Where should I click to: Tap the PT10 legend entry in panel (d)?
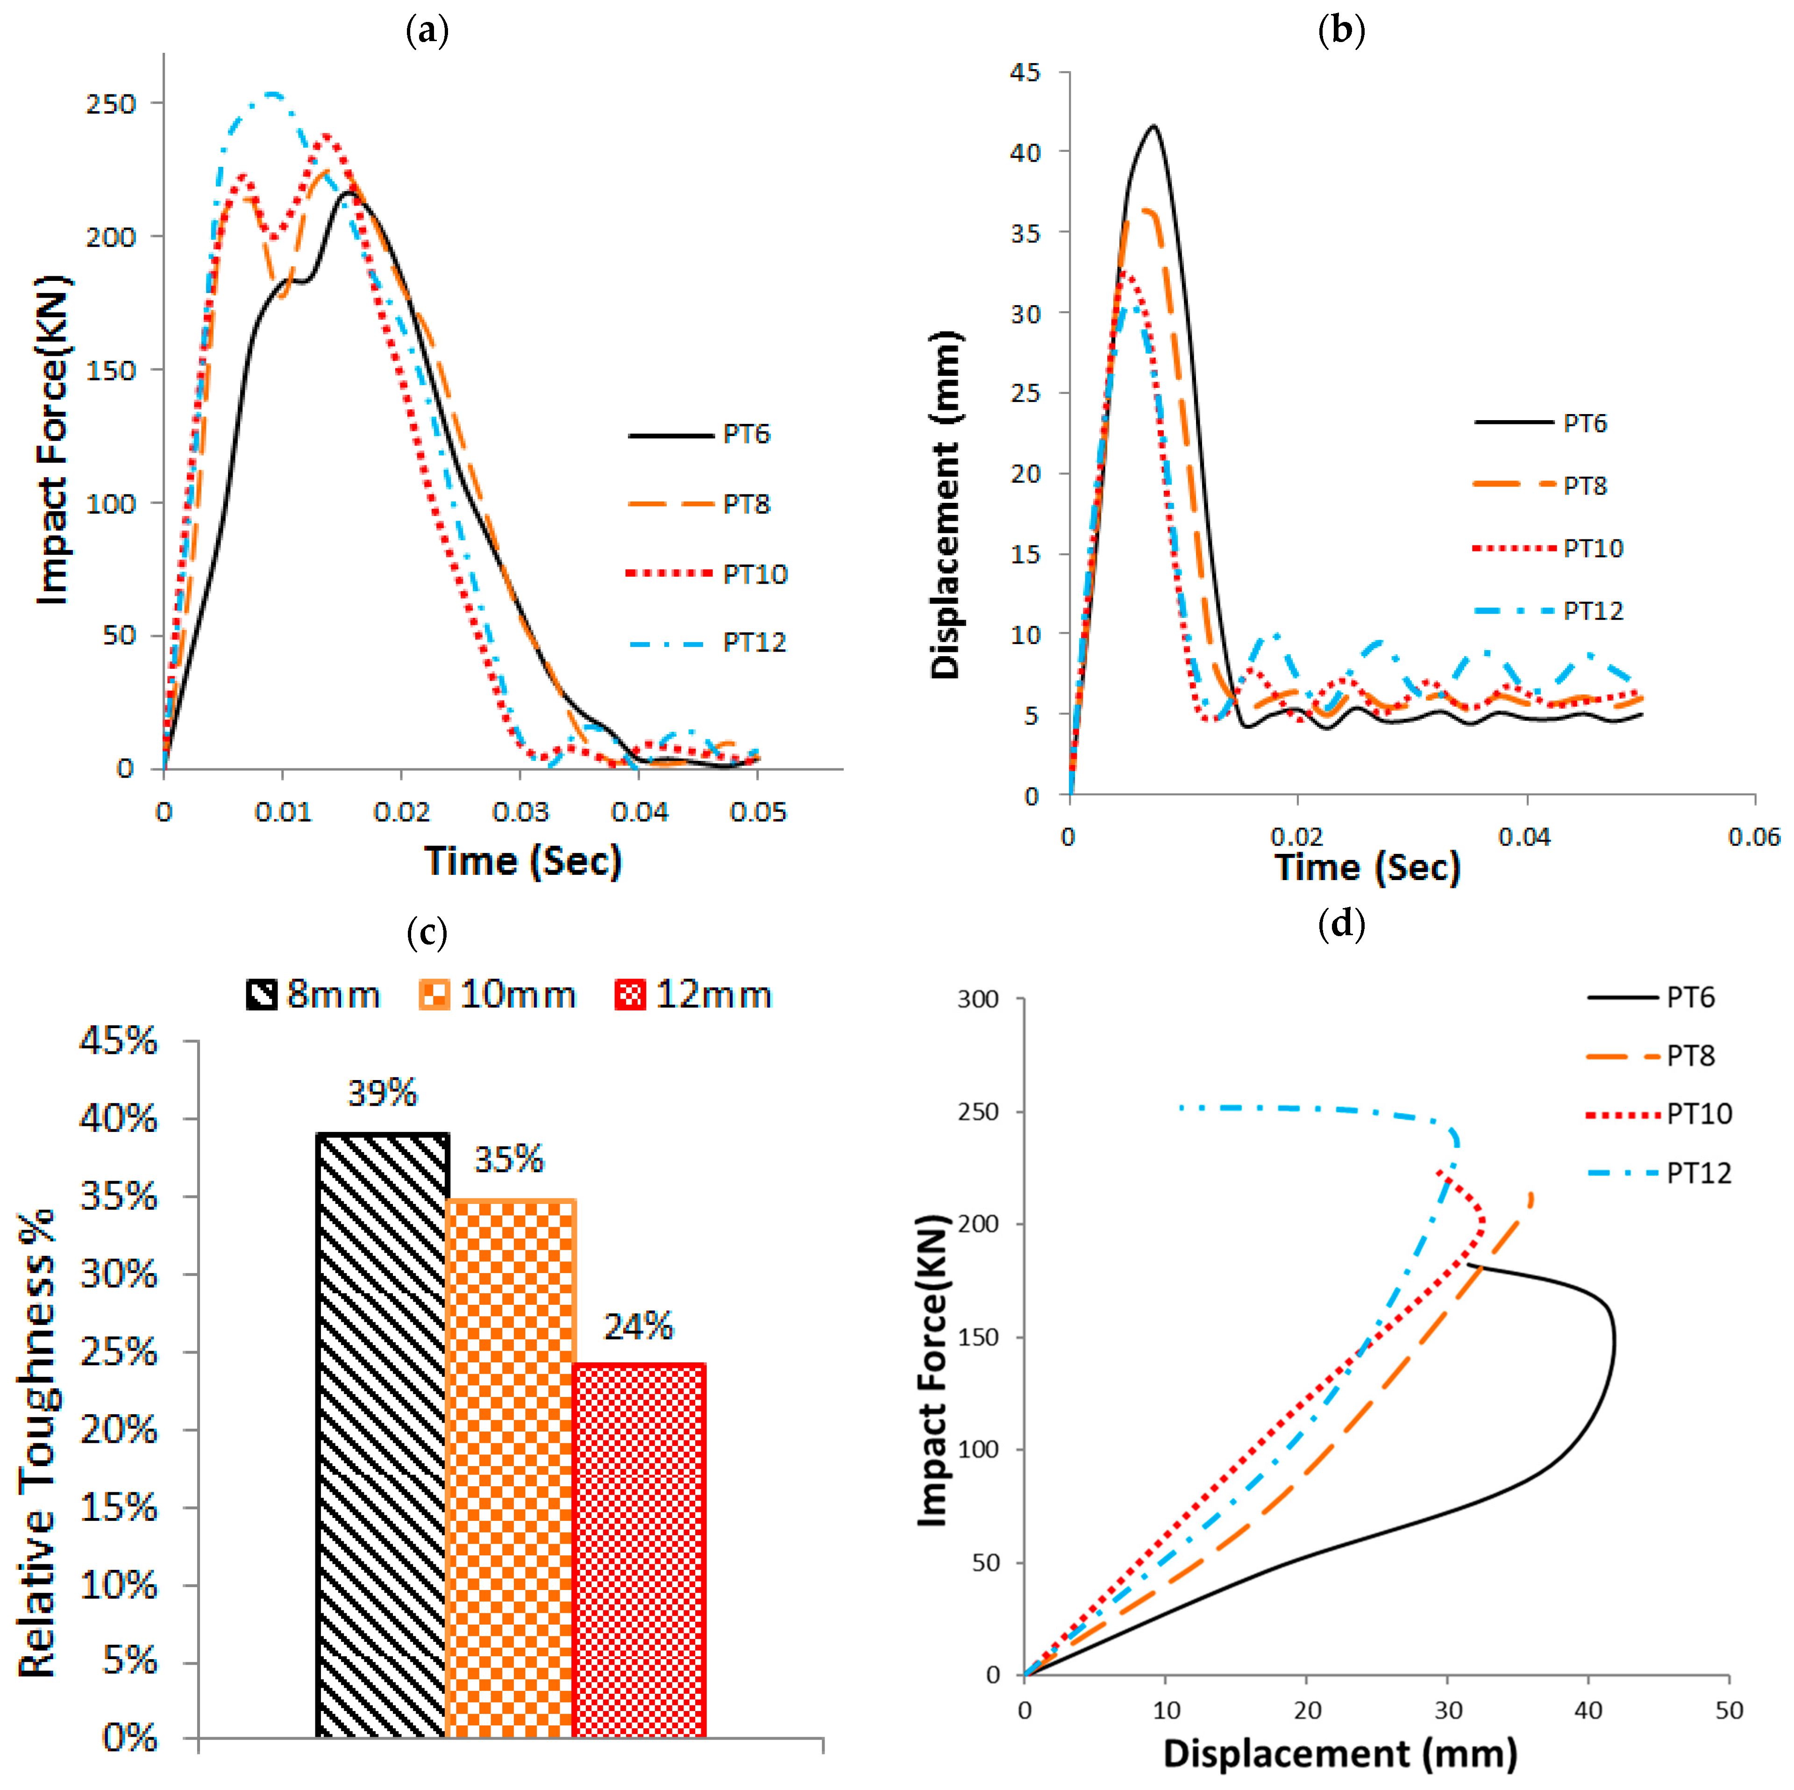tap(1659, 1114)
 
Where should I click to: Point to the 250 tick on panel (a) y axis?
tap(112, 104)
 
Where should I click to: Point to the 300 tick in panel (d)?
tap(978, 1000)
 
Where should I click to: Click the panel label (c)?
tap(427, 932)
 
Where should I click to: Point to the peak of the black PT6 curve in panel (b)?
tap(1153, 125)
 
